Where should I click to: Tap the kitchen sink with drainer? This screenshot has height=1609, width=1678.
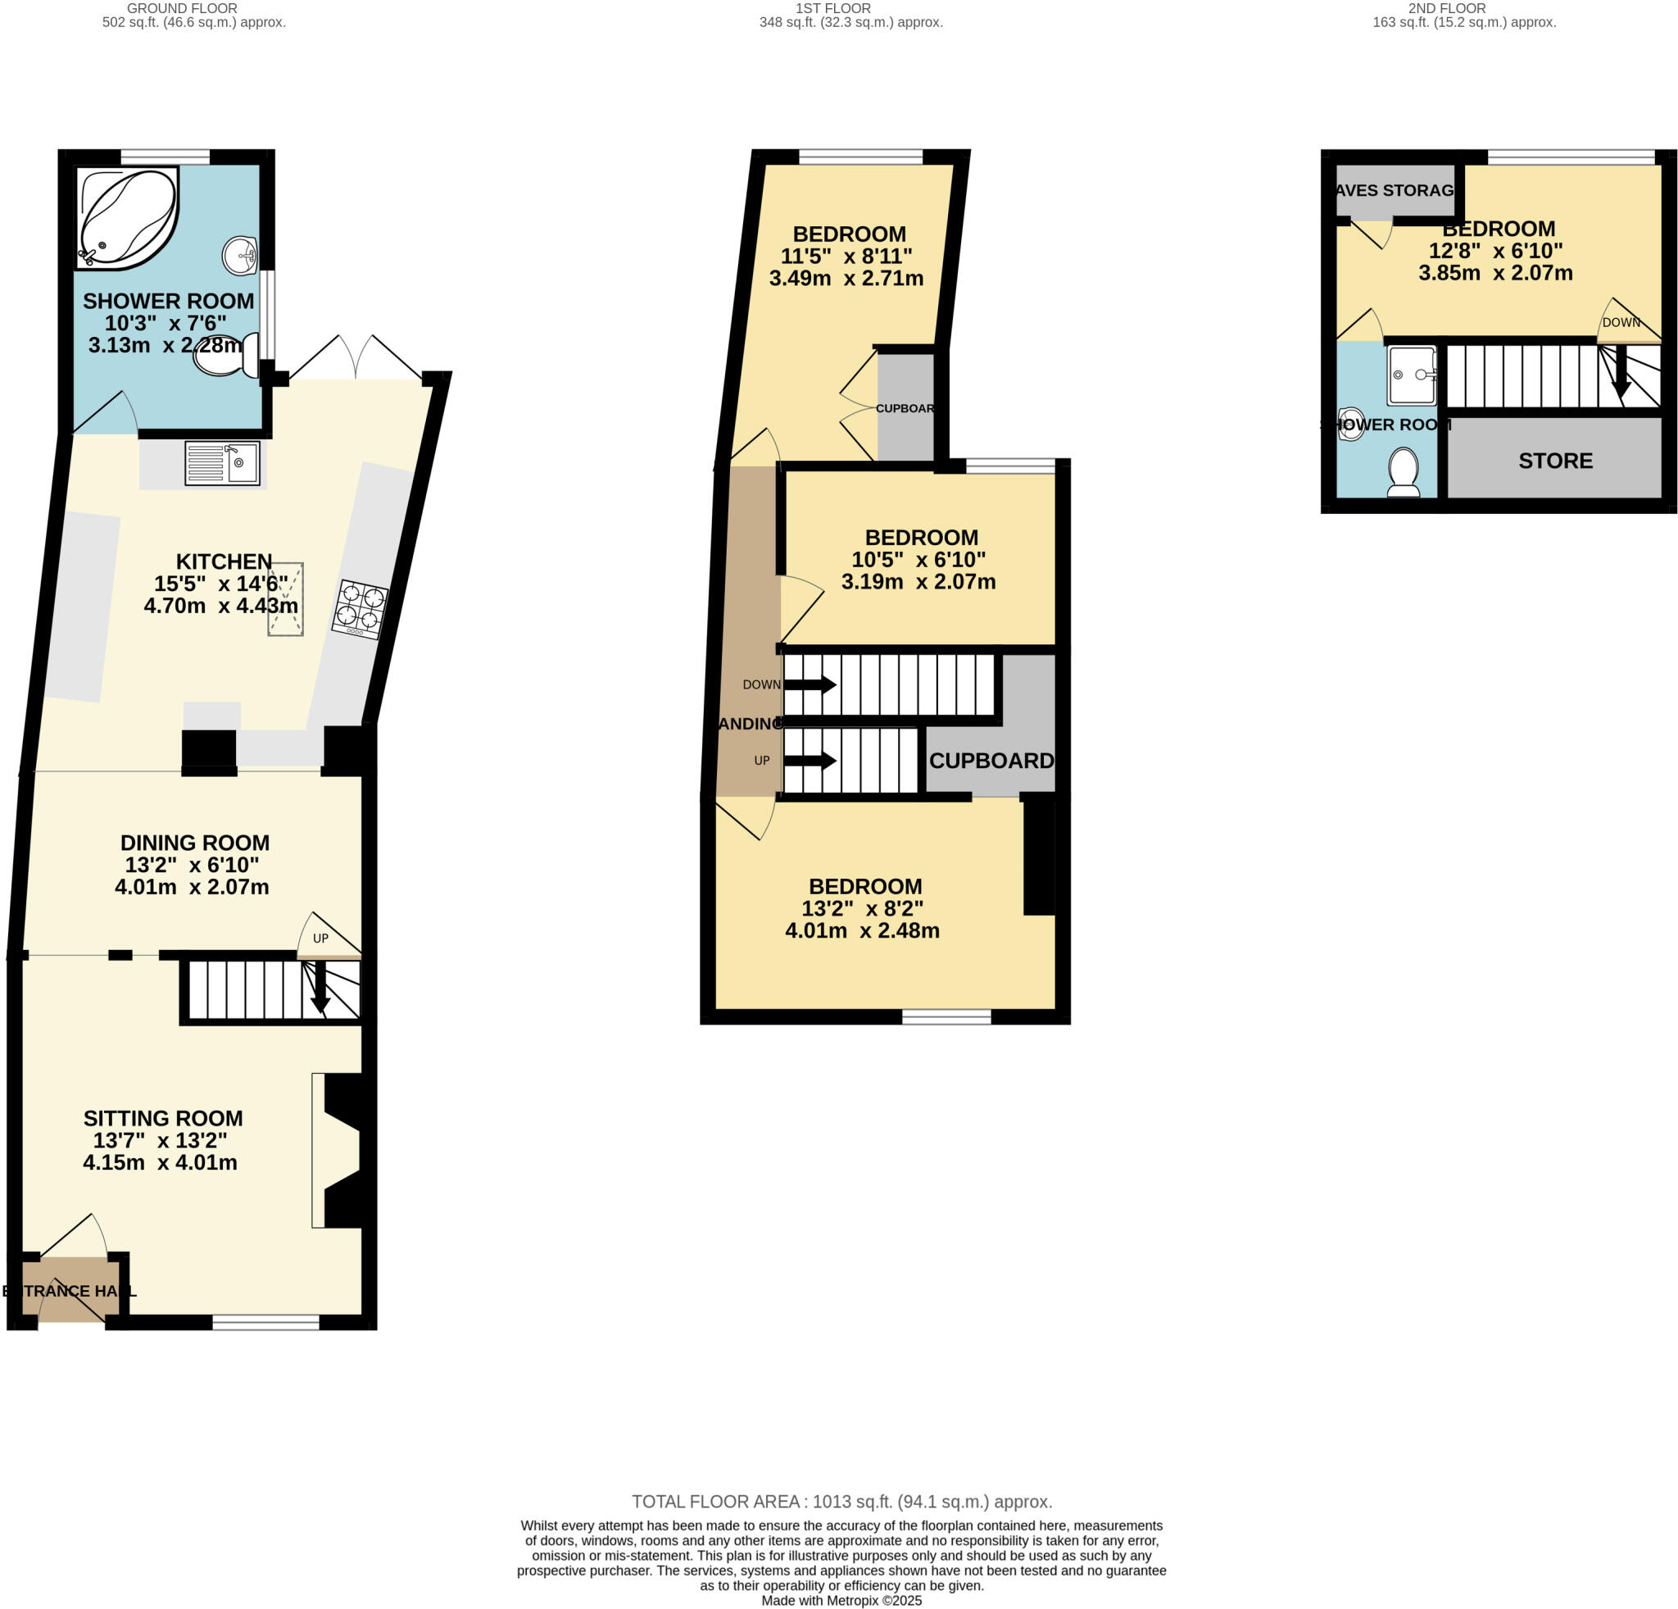[222, 463]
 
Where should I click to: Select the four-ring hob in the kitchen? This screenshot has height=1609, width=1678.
[360, 608]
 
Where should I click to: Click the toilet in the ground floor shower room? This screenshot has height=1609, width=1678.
[225, 357]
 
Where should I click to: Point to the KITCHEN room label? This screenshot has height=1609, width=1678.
[224, 561]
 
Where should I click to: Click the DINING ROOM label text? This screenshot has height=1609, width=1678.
[194, 843]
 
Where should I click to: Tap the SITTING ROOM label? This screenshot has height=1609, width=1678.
[163, 1118]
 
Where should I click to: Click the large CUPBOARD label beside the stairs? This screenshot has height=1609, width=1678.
[991, 761]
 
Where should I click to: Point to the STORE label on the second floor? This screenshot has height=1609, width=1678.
[1555, 461]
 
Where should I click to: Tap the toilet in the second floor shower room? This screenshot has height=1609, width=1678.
[1404, 472]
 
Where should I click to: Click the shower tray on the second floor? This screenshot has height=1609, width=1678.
[1411, 375]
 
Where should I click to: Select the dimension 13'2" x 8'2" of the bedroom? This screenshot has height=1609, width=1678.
[862, 908]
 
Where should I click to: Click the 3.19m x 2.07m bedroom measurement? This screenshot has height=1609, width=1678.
[918, 582]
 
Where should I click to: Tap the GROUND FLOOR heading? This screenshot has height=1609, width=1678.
[182, 8]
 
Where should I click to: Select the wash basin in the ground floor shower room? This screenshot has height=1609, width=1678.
[241, 256]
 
